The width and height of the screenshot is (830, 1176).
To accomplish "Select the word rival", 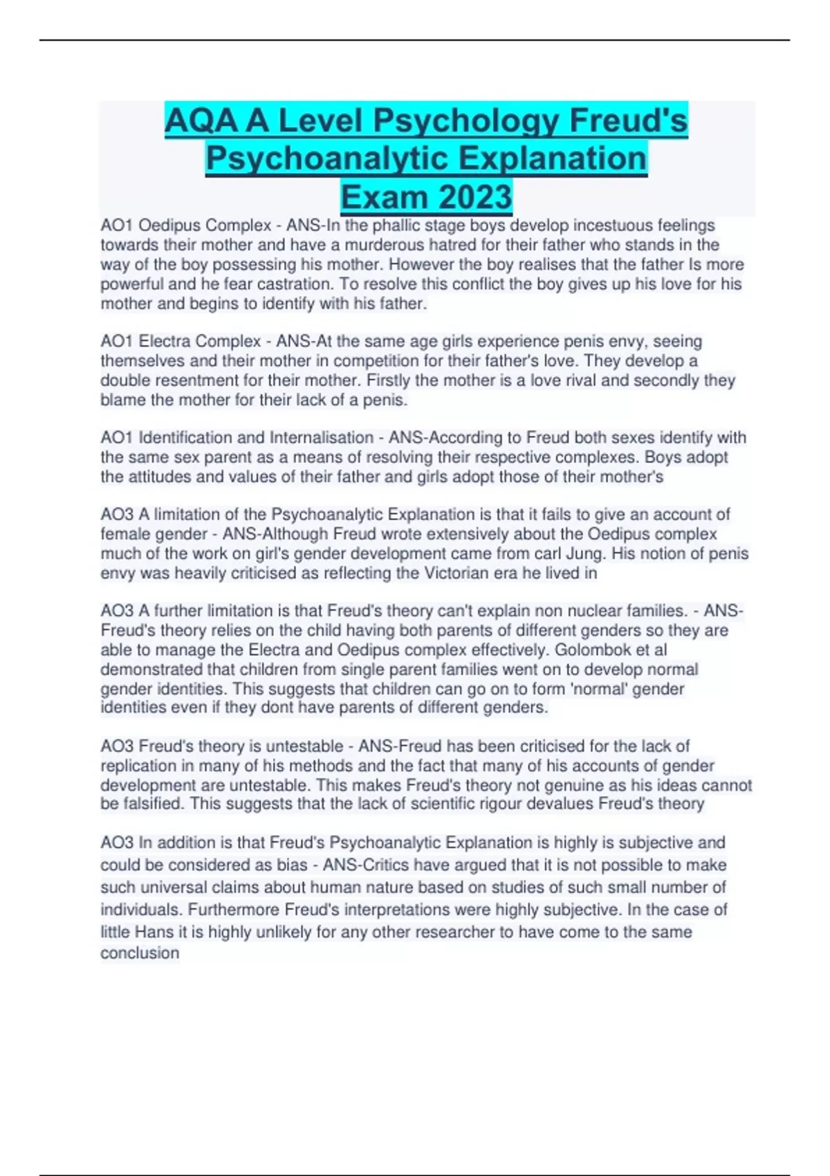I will pyautogui.click(x=576, y=380).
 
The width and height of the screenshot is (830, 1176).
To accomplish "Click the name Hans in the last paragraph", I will pyautogui.click(x=154, y=932).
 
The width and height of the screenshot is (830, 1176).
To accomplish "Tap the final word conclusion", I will pyautogui.click(x=140, y=953).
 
